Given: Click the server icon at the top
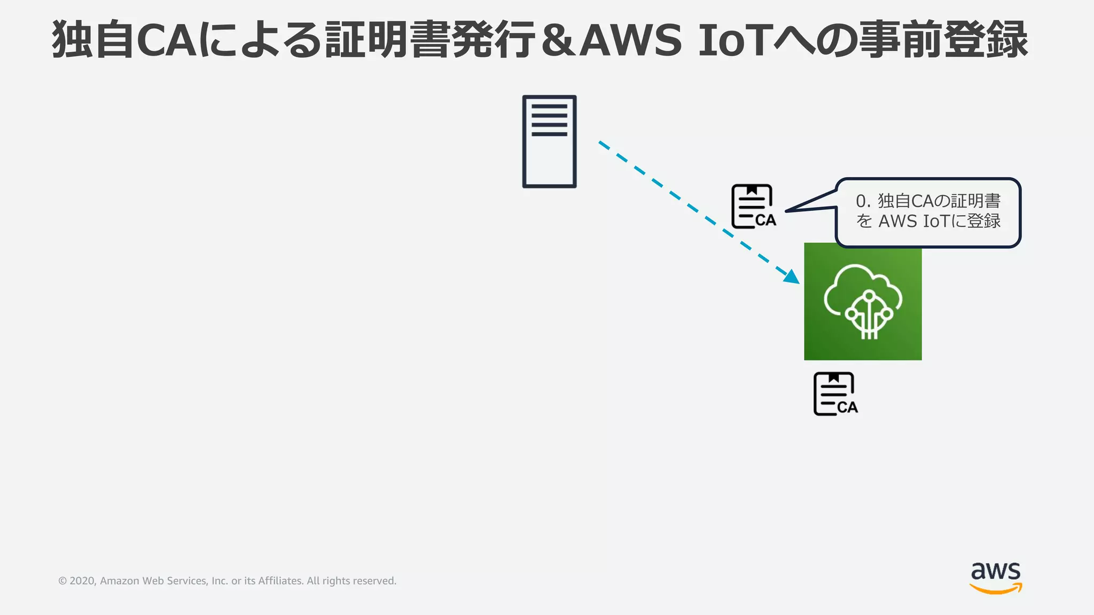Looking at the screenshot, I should click(x=549, y=141).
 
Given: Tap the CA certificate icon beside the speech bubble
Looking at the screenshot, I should click(x=753, y=207).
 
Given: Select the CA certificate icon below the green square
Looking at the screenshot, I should click(x=835, y=394).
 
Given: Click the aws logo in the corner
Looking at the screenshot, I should click(x=996, y=577).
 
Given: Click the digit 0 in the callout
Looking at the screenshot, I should click(x=861, y=201).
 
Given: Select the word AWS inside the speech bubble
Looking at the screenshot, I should click(x=897, y=221).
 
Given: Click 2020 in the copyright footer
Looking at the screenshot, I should click(x=82, y=581).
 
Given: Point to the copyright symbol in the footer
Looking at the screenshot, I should click(x=62, y=581).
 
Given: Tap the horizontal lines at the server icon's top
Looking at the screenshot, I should click(x=549, y=120).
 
